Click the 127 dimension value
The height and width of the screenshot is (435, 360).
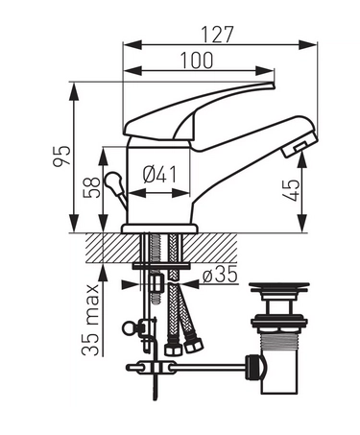218,35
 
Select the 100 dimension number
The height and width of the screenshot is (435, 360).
197,60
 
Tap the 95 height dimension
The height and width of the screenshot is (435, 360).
61,156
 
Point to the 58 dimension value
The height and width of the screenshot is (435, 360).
91,187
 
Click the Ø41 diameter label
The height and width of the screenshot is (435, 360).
159,175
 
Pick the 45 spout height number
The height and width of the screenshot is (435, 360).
292,190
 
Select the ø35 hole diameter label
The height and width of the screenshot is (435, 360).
221,275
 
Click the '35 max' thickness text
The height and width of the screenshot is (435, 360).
90,320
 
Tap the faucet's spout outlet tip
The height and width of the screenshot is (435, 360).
300,146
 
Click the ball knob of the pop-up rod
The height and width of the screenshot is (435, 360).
111,181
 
